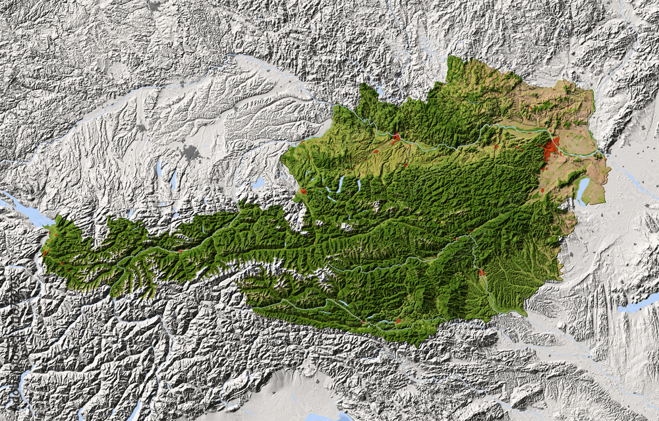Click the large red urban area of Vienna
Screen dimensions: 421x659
pyautogui.click(x=551, y=150)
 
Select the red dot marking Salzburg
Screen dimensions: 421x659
pyautogui.click(x=302, y=191)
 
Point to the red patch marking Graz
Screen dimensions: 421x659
pyautogui.click(x=482, y=273)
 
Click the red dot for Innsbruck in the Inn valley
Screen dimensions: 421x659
pyautogui.click(x=180, y=250)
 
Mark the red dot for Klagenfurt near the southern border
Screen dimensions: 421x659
pyautogui.click(x=398, y=321)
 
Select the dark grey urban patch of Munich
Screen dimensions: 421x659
pyautogui.click(x=190, y=154)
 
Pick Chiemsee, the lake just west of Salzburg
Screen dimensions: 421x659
pyautogui.click(x=258, y=182)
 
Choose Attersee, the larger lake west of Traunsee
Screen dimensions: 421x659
pyautogui.click(x=340, y=184)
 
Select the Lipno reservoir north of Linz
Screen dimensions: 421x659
pyautogui.click(x=381, y=90)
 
